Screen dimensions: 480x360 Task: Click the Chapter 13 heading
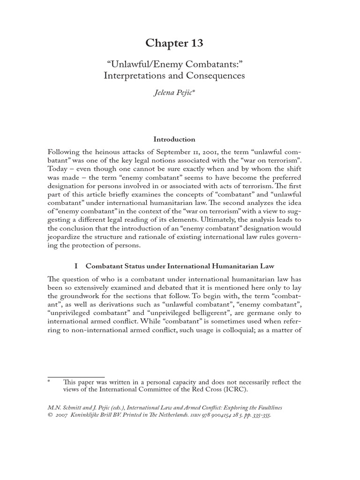tap(174, 43)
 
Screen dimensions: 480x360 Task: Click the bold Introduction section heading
tap(174, 139)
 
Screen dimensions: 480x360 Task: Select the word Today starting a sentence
tap(58, 170)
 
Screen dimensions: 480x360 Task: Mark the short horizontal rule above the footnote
tap(70, 376)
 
